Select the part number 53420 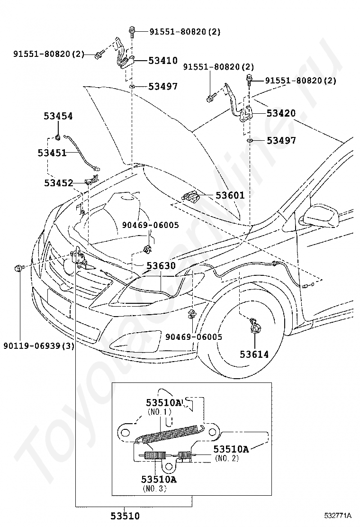(x=280, y=113)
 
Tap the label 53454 (x=58, y=116)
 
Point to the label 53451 (x=52, y=153)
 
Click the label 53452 (x=58, y=183)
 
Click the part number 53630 (x=161, y=266)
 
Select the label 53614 (x=254, y=354)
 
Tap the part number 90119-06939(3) (x=39, y=345)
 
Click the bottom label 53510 (x=126, y=516)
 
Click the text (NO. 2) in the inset (x=226, y=458)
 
